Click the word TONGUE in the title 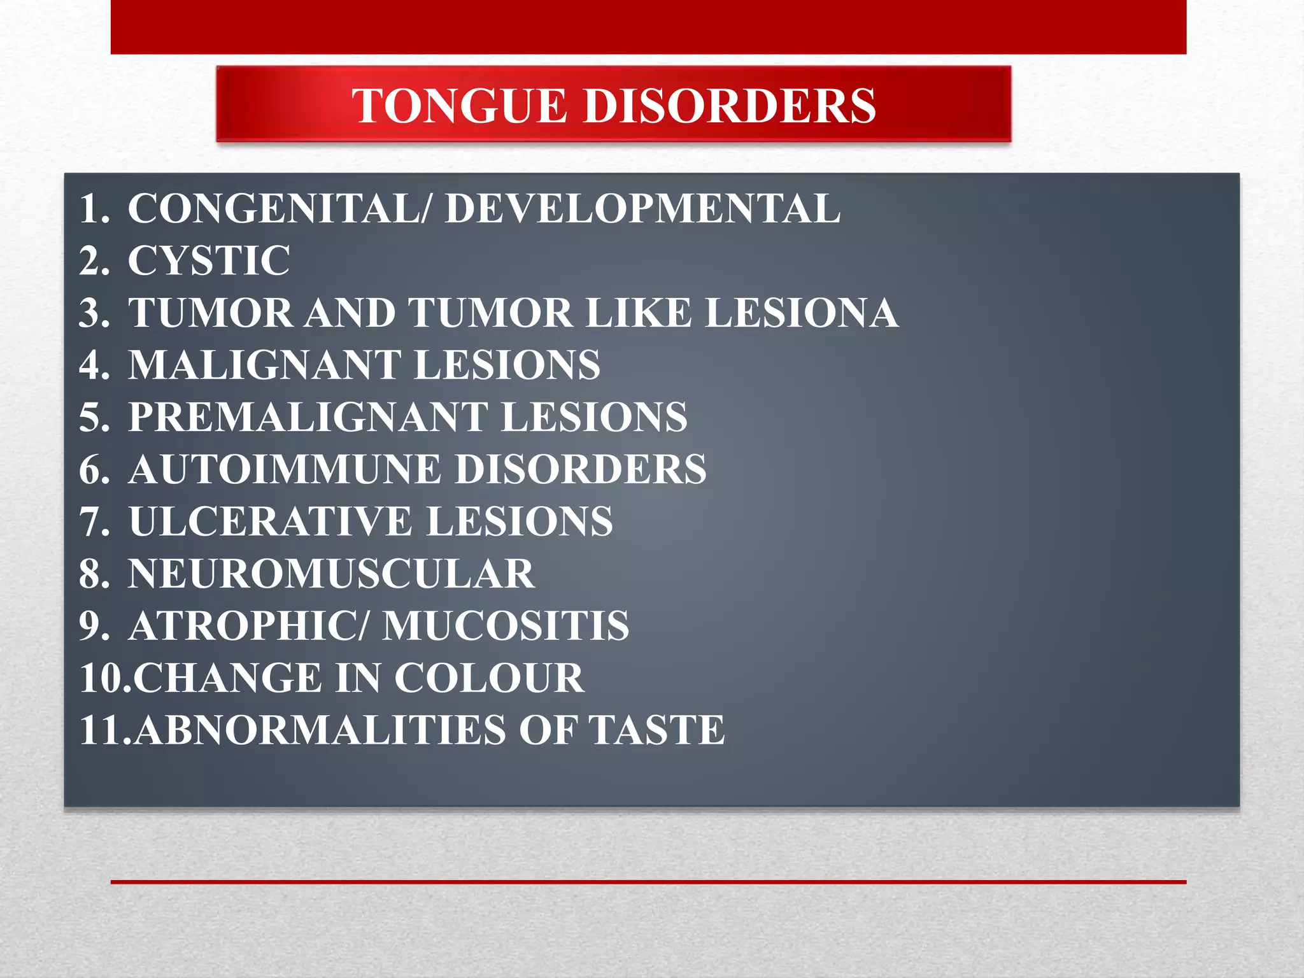pos(460,106)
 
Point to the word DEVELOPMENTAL pos(642,208)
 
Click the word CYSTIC pos(209,260)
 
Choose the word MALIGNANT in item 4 pos(264,365)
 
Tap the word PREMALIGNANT pos(308,417)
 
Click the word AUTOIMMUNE pos(285,469)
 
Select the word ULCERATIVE pos(271,521)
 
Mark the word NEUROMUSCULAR pos(331,574)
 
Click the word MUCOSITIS pos(506,626)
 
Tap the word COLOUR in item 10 pos(489,678)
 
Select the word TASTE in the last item pos(656,730)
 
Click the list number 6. pos(94,469)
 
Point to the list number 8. pos(94,574)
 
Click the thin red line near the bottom pos(648,882)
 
